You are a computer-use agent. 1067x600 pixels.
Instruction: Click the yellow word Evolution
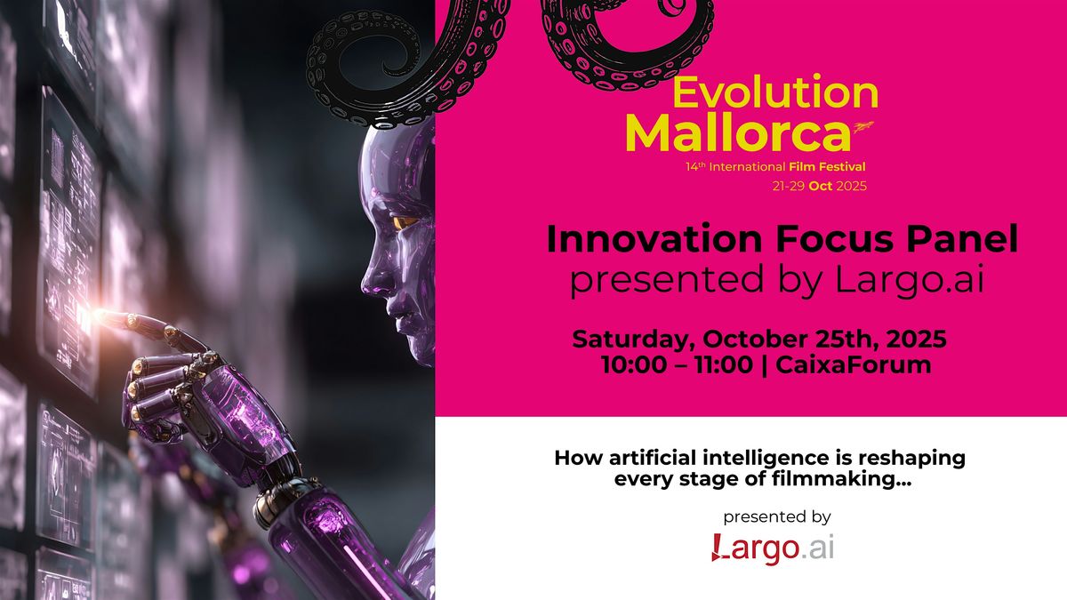[775, 92]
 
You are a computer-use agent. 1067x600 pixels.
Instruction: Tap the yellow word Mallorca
[737, 132]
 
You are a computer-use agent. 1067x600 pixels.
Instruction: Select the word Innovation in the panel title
[654, 239]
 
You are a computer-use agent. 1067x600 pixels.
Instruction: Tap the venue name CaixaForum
[853, 365]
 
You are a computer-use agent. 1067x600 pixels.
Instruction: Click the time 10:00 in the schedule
[633, 365]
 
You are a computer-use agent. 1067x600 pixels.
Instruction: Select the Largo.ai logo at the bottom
[773, 548]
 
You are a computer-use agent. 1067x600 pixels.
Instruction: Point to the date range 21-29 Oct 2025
[819, 186]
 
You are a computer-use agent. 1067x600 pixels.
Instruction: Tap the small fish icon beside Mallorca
[863, 126]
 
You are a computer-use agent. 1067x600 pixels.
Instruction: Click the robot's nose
[368, 284]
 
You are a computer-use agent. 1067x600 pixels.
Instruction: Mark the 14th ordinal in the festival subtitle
[695, 167]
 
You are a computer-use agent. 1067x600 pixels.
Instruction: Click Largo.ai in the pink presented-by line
[909, 279]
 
